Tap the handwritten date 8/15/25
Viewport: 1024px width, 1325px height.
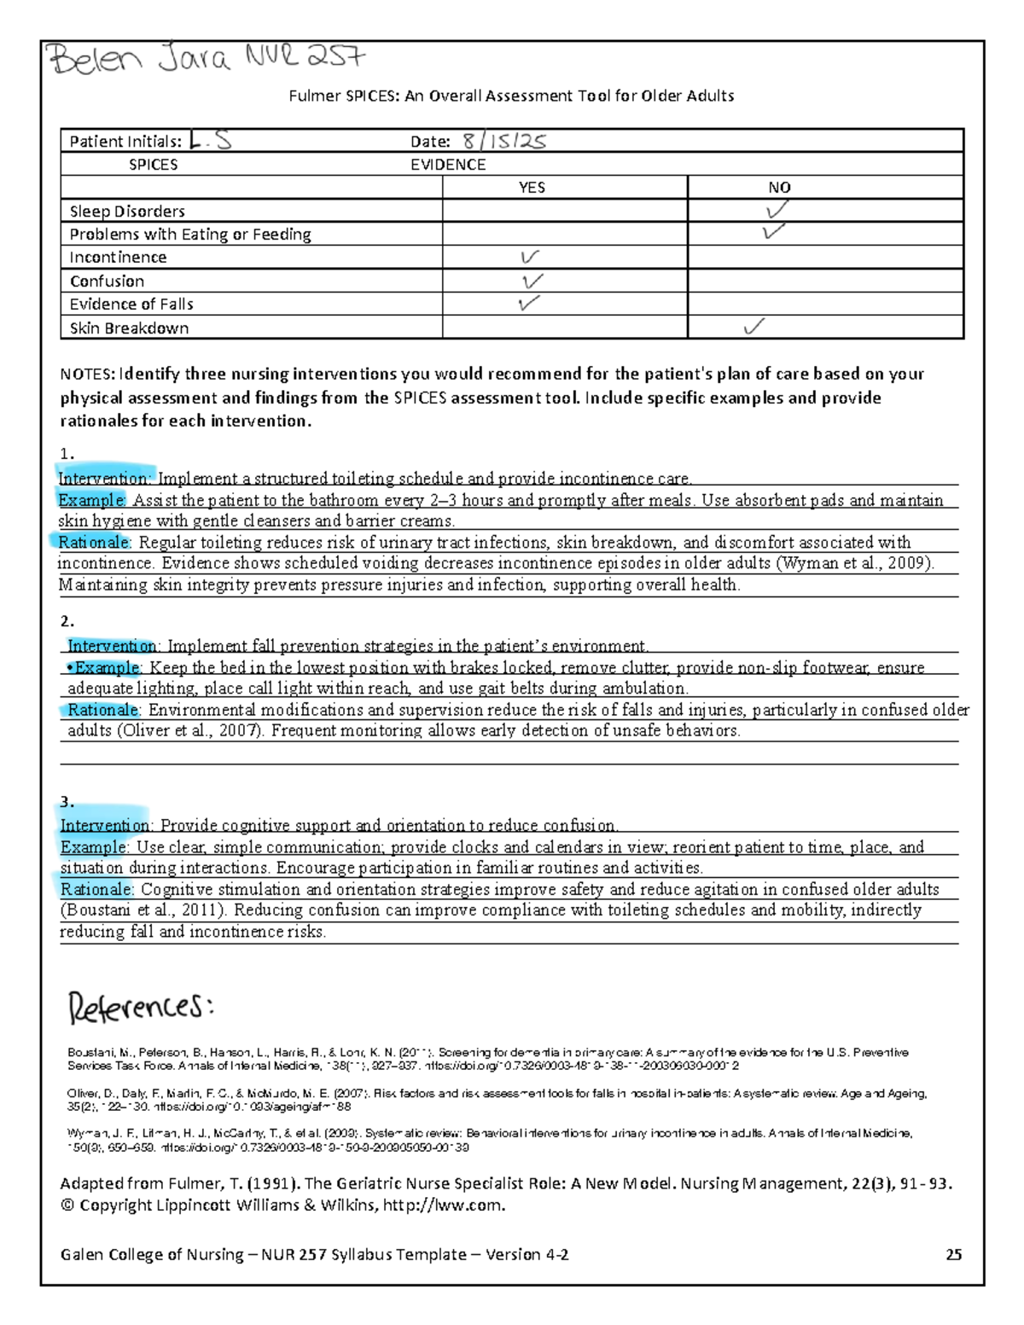(503, 141)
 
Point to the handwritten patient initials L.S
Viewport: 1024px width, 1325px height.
(210, 141)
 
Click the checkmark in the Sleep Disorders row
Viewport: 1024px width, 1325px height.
(777, 210)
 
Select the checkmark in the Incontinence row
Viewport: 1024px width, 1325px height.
(529, 257)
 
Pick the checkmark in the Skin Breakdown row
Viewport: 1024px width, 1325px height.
(753, 327)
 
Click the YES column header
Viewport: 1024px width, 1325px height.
(532, 188)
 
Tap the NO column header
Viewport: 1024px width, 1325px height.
(779, 188)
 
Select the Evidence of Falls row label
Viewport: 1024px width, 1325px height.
(131, 305)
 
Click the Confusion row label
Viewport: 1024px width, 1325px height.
(107, 282)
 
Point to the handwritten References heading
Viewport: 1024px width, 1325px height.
(140, 1008)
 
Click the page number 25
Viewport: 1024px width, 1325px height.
(953, 1254)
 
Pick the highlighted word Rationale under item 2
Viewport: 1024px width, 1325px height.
(102, 710)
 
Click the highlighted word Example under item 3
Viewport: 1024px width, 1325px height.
(93, 847)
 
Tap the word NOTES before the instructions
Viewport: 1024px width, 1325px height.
(86, 374)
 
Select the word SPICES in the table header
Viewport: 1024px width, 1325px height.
(153, 165)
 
